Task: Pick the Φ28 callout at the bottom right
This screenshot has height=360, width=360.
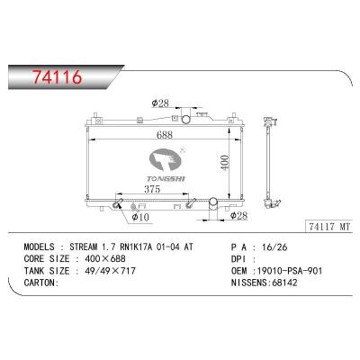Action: pos(238,216)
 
